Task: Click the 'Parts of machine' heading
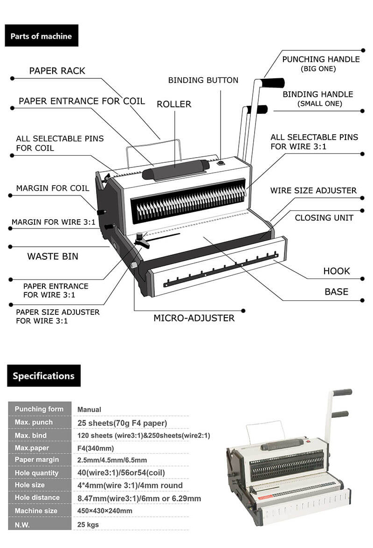pos(41,36)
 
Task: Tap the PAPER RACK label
pos(57,71)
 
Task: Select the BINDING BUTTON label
pos(203,80)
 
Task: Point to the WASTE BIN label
pos(53,256)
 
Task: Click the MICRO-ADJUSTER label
pos(194,318)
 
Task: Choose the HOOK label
pos(336,271)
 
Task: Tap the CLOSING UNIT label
pos(324,218)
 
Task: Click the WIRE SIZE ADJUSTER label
pos(313,190)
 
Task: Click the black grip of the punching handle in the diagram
pos(272,83)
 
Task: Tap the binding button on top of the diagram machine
pos(221,163)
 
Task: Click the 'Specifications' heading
pos(43,376)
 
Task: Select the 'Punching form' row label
pos(39,409)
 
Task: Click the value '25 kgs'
pos(88,524)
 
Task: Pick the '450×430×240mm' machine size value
pos(104,511)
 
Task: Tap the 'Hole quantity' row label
pos(37,473)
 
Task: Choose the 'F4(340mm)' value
pos(96,448)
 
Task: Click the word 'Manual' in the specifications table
pos(89,409)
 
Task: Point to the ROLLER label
pos(174,104)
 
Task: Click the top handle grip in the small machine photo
pos(342,392)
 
